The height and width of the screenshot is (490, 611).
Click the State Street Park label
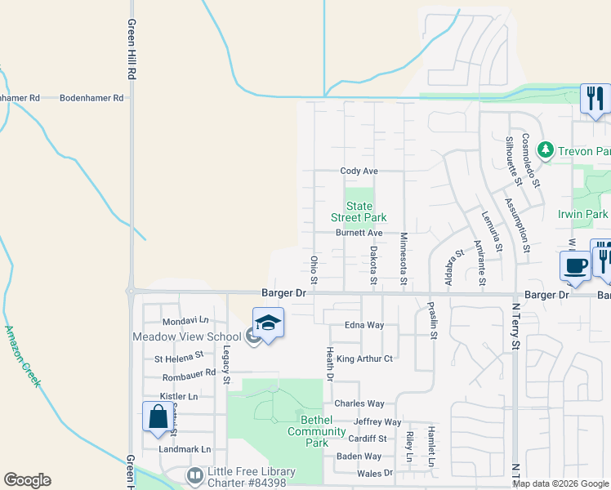(359, 212)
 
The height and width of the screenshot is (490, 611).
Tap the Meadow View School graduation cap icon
(268, 323)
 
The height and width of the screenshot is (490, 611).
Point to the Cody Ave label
(359, 171)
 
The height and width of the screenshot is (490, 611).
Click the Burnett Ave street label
(359, 233)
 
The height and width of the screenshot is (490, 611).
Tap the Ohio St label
(314, 269)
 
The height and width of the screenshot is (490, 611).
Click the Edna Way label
(364, 325)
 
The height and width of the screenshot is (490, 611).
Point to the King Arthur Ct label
(364, 359)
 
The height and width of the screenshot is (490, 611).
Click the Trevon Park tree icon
(546, 150)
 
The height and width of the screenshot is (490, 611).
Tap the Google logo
(27, 480)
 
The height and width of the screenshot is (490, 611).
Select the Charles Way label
(359, 403)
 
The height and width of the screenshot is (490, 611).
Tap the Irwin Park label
(582, 214)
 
